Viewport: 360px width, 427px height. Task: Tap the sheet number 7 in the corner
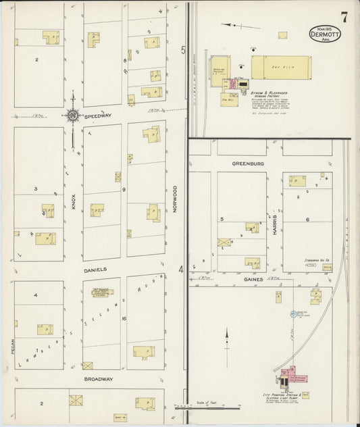(x=344, y=18)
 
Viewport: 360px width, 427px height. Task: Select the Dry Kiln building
(x=281, y=68)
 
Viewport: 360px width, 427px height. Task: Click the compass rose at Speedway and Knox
(x=72, y=116)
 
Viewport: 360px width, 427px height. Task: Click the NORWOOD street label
(x=174, y=200)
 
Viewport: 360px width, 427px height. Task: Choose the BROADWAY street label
(x=98, y=379)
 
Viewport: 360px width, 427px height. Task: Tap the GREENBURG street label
(x=247, y=164)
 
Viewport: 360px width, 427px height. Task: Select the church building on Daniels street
(x=101, y=295)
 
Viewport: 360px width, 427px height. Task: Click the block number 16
(x=124, y=318)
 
